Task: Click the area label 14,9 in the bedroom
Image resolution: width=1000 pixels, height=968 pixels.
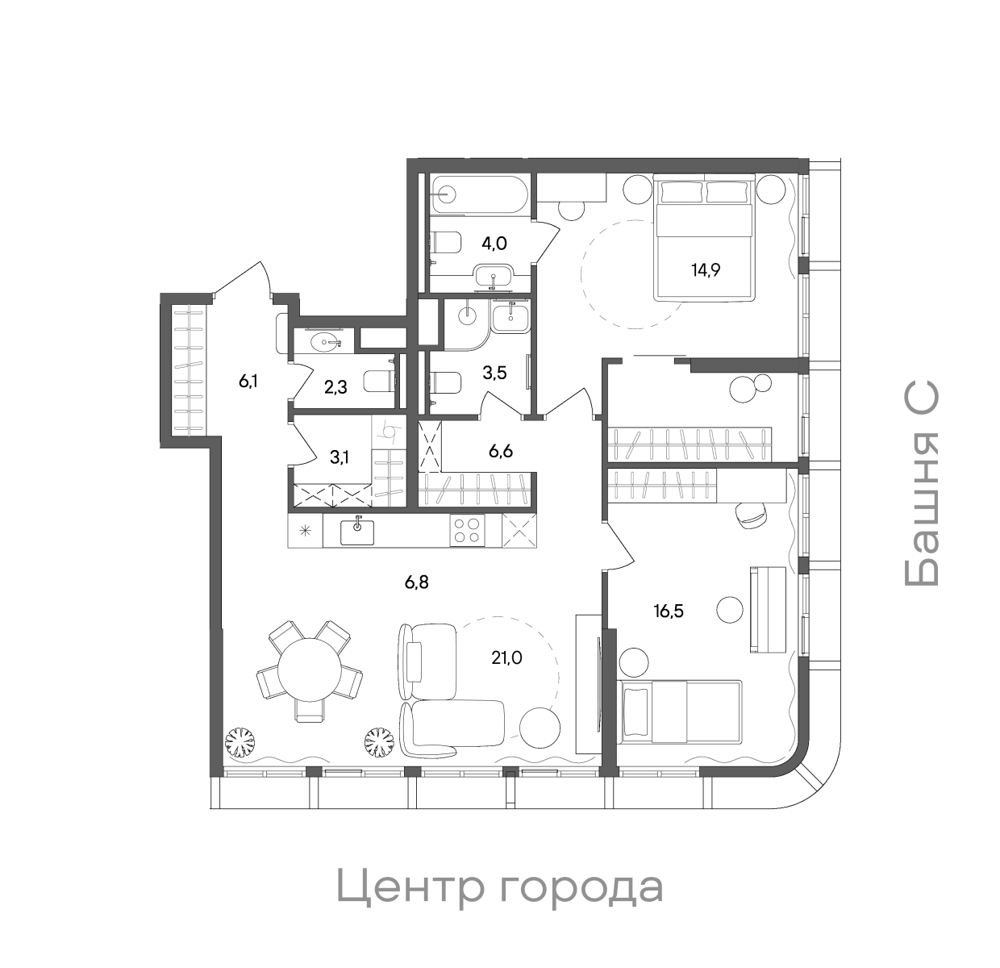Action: (x=705, y=269)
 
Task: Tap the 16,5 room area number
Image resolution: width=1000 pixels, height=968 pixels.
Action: (x=669, y=611)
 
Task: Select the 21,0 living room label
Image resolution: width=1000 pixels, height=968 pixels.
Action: (x=507, y=658)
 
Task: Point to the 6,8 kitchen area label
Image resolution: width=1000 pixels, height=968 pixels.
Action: (x=416, y=581)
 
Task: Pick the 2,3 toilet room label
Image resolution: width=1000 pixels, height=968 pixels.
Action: (x=335, y=387)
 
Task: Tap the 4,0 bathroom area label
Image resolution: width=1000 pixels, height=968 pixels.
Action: (x=494, y=243)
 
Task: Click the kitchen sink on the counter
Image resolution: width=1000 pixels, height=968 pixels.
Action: (x=356, y=532)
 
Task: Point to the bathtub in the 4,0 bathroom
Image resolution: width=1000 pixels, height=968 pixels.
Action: (x=478, y=194)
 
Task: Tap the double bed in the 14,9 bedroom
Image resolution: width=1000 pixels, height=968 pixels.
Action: (x=705, y=238)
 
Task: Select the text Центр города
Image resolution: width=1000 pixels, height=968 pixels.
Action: (x=499, y=887)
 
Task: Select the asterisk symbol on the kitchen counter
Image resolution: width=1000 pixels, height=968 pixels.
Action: (x=306, y=530)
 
